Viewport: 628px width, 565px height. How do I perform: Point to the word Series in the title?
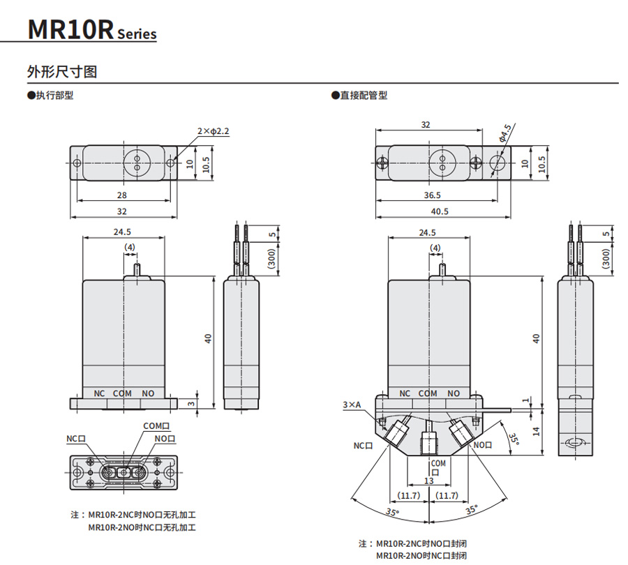point(137,34)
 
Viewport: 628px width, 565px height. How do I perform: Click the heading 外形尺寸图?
point(61,72)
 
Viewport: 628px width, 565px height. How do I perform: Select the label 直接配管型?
point(361,96)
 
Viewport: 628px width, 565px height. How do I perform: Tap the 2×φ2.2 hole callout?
point(213,130)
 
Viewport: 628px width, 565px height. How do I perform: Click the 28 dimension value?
point(122,195)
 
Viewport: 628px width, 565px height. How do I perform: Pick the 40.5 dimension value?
point(440,211)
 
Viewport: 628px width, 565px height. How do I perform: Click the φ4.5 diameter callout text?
point(506,133)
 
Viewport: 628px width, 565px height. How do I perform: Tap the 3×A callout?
point(352,405)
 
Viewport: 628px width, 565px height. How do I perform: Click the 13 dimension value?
point(428,482)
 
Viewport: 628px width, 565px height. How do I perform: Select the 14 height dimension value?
point(535,431)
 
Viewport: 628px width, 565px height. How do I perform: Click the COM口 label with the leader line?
point(156,425)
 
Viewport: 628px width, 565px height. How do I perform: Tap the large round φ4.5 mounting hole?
point(498,163)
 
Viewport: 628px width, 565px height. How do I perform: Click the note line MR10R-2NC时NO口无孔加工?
point(142,515)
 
